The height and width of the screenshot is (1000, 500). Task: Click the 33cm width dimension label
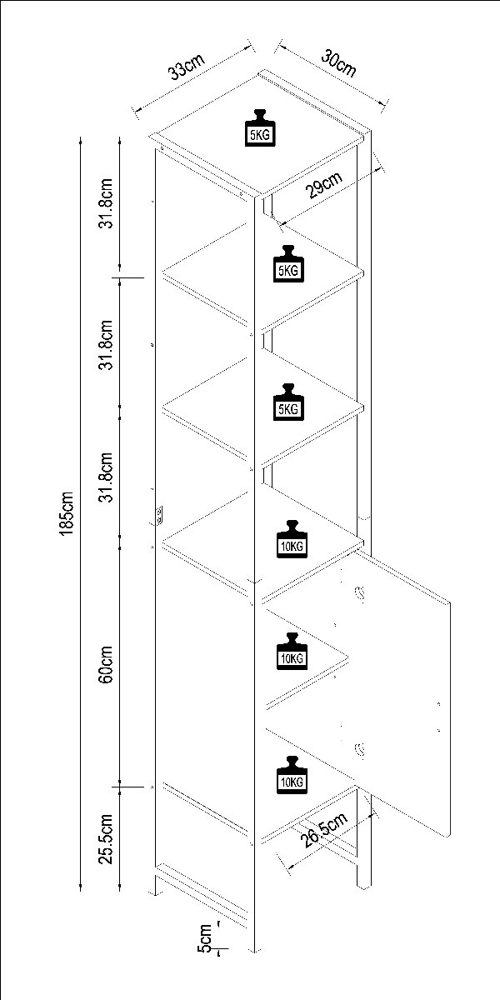click(187, 67)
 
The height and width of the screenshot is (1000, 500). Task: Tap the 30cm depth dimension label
click(339, 63)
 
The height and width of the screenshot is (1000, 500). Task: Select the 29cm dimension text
click(324, 184)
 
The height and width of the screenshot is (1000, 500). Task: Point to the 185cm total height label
click(66, 513)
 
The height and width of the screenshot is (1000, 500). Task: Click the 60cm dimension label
click(107, 664)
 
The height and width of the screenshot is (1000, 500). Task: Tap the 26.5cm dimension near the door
click(324, 830)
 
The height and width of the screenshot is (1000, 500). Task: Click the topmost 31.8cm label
click(107, 203)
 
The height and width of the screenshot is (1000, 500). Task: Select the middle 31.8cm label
click(107, 345)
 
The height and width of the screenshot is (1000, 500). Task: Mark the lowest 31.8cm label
click(107, 477)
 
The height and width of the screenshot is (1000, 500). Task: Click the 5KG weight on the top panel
click(260, 127)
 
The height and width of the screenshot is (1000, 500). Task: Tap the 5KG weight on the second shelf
click(288, 263)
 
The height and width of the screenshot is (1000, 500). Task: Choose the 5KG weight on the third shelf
click(288, 402)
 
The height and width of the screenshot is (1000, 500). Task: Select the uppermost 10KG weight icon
click(292, 539)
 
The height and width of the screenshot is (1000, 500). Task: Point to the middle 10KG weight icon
click(292, 651)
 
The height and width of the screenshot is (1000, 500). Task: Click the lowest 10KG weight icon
click(292, 774)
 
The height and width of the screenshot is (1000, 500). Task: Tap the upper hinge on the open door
click(360, 594)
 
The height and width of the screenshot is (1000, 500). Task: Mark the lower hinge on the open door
click(360, 751)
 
